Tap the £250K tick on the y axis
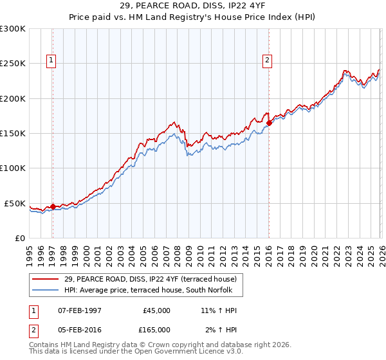click(13, 64)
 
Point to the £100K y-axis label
click(13, 168)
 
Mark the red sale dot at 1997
click(53, 207)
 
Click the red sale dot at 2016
click(269, 123)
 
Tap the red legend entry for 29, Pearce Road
click(151, 279)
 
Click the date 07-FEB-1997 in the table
click(80, 310)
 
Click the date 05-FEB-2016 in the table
click(80, 329)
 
